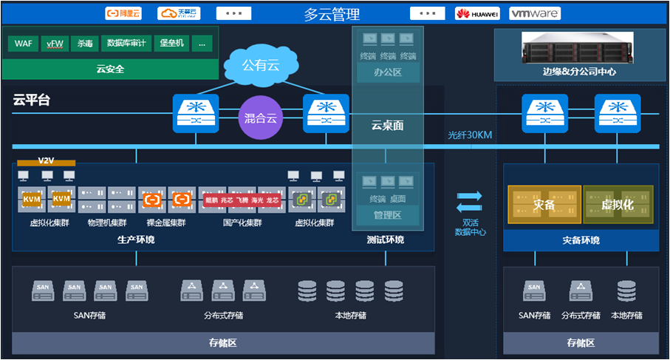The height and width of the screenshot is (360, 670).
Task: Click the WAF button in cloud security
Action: coord(23,44)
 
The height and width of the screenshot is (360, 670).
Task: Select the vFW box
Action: coord(55,44)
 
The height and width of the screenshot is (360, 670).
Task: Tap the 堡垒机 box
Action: coord(172,44)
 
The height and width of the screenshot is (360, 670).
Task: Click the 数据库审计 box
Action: coord(126,44)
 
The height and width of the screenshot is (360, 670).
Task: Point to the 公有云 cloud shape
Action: coord(262,66)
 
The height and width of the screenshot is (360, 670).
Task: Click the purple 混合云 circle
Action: coord(260,118)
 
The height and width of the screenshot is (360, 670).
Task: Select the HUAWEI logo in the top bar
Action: coord(477,13)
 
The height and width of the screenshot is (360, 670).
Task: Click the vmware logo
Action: coord(535,13)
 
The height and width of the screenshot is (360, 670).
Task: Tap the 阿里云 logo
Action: coord(123,13)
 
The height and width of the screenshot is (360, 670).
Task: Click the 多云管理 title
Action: coord(332,14)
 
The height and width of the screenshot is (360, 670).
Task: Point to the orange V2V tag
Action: coord(47,160)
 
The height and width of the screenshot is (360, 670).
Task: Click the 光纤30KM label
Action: coord(470,135)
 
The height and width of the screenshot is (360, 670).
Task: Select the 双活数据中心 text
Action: coord(470,227)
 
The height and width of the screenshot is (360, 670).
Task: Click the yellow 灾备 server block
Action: coord(544,205)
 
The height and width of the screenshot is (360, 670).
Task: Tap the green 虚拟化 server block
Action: coord(618,205)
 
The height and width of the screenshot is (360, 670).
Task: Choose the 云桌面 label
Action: coord(387,126)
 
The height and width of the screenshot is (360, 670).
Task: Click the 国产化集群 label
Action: coord(242,222)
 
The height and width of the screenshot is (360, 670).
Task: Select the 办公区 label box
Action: coord(387,72)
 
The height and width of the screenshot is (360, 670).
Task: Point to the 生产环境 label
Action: coord(136,240)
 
